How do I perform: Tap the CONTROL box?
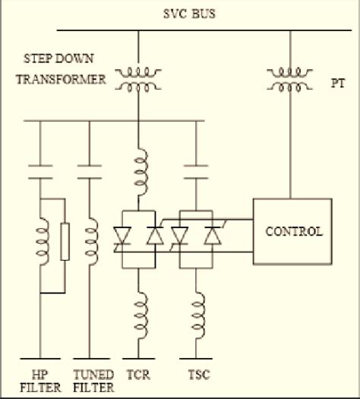coord(292,230)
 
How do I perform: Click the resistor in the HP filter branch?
coord(65,242)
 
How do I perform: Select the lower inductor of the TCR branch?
coord(139,309)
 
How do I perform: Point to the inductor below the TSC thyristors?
coord(198,309)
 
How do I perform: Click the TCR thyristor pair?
coord(139,238)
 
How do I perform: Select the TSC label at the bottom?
coord(197,375)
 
